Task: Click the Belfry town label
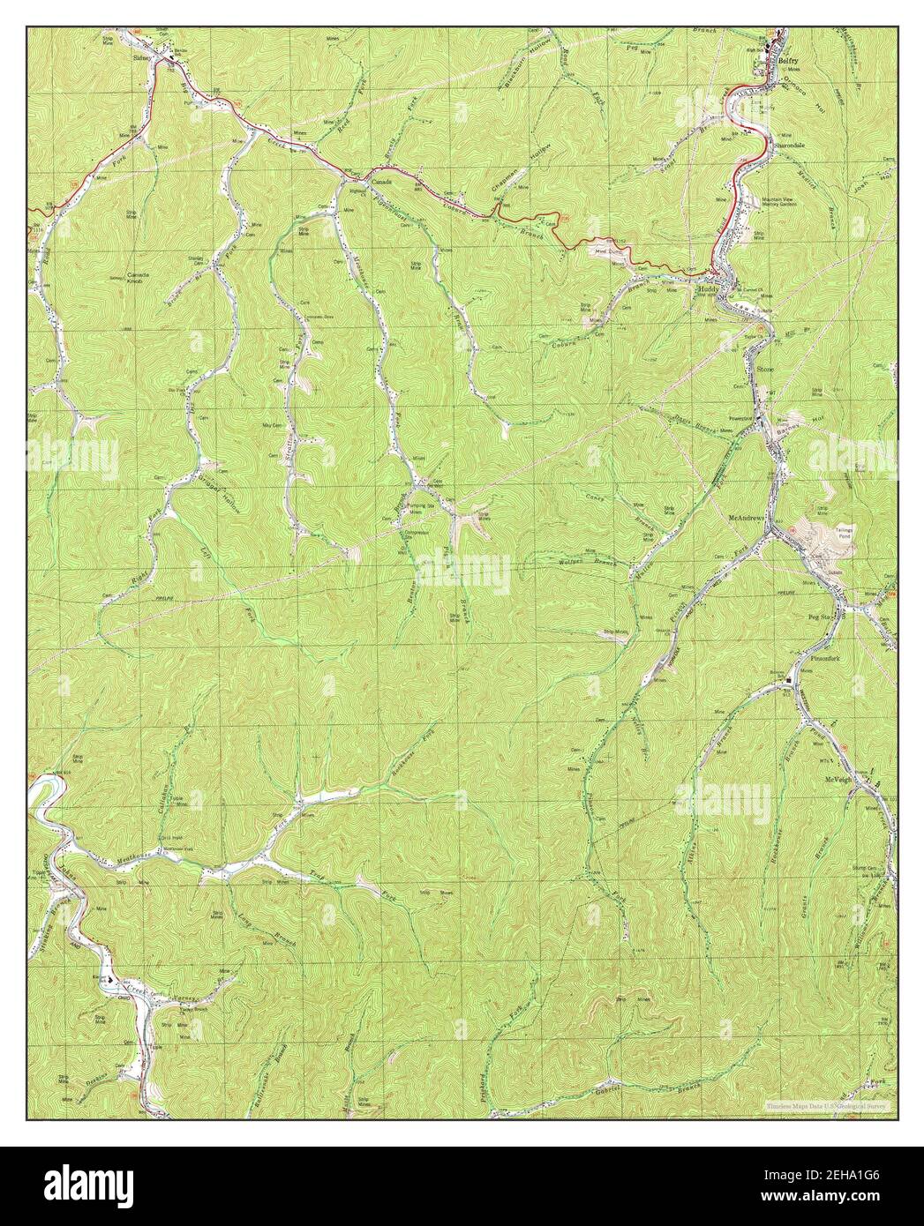[x=787, y=61]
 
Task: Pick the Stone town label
[x=763, y=370]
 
